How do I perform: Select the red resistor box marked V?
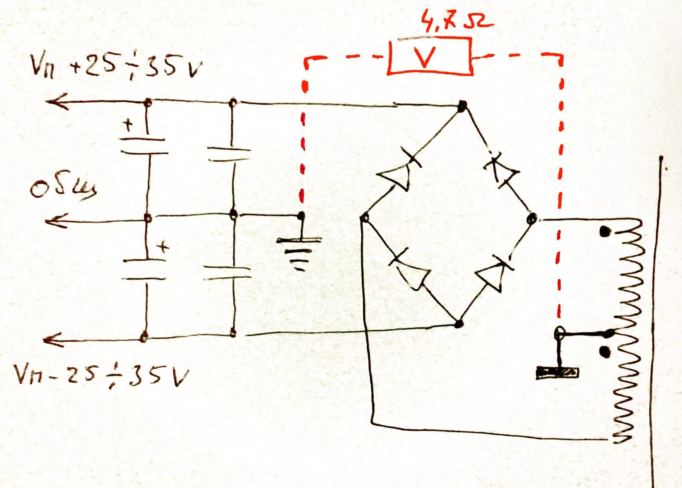[430, 56]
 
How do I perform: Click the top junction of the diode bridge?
[462, 105]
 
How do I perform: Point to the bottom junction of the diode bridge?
[459, 323]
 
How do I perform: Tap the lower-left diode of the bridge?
[411, 271]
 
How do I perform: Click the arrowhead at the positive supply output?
[56, 101]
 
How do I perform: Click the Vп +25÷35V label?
[116, 66]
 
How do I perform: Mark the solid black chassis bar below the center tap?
[557, 373]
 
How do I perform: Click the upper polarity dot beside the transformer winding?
[605, 232]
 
